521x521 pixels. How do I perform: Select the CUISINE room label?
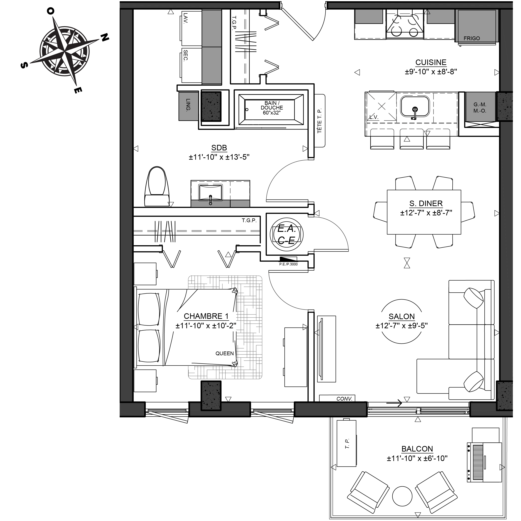pyautogui.click(x=431, y=62)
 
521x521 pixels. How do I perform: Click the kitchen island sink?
pyautogui.click(x=415, y=106)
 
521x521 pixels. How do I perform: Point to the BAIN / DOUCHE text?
pyautogui.click(x=272, y=105)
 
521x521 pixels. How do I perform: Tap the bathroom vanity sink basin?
pyautogui.click(x=211, y=193)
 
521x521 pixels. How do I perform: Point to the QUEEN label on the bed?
pyautogui.click(x=225, y=353)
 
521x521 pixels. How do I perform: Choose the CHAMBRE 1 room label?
pyautogui.click(x=206, y=316)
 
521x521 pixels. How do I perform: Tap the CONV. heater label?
pyautogui.click(x=344, y=399)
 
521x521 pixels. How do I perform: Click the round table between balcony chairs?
pyautogui.click(x=402, y=496)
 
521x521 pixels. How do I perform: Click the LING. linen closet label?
pyautogui.click(x=188, y=105)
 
